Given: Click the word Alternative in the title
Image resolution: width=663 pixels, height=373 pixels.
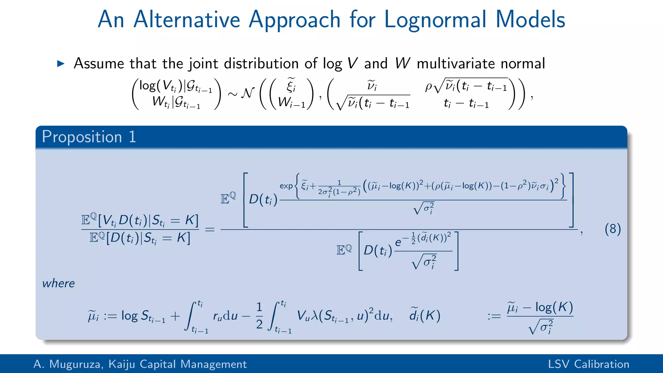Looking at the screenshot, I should pos(186,19).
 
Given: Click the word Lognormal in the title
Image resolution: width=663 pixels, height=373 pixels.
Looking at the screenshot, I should pos(435,19).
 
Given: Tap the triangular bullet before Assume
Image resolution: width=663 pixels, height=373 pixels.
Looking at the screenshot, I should pos(61,63).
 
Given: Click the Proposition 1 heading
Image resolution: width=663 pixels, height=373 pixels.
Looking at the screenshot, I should pos(89,137).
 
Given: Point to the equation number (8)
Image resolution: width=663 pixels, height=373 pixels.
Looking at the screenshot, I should pos(612,229).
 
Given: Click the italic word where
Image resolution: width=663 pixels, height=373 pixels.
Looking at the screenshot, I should pos(58,283).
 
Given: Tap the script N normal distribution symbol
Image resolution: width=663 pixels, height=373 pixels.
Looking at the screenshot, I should pos(248,93).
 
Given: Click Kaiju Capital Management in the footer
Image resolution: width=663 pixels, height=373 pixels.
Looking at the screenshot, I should pos(177,364).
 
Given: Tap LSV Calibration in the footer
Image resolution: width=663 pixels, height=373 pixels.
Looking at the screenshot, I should pos(588,364).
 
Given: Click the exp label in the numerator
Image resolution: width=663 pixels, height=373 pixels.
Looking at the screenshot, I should pos(286,186).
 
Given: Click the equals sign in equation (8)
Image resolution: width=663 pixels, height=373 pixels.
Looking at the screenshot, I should pos(210,230).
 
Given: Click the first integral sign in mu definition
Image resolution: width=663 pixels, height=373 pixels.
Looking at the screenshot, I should pos(191,316).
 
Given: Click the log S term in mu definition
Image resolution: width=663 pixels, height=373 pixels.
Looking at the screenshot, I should pos(143,316).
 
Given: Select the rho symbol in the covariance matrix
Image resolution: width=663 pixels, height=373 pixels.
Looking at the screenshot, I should pos(428,86).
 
